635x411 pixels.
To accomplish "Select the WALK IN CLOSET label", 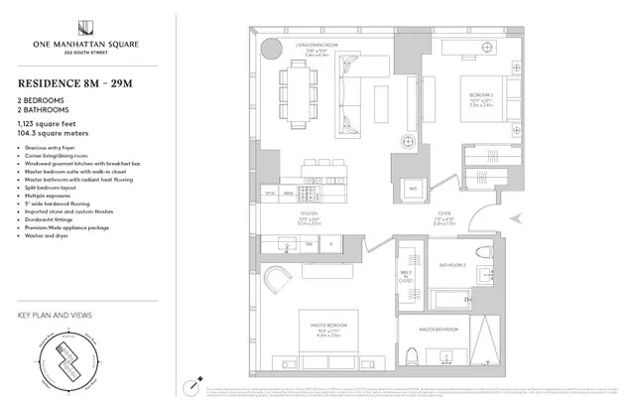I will click(405, 275).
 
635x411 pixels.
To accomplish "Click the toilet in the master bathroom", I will click(416, 357).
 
